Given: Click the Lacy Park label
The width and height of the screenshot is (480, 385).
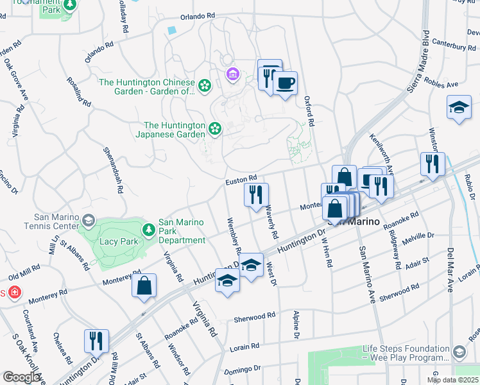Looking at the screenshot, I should click(117, 241).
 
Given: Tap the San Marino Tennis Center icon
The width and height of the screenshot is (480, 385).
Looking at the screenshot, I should click(88, 221).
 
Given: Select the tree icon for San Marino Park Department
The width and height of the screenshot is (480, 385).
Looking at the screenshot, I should click(149, 229).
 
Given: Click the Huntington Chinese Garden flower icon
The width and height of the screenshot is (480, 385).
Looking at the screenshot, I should click(205, 85).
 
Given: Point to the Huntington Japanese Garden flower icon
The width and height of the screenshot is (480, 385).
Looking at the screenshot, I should click(215, 129).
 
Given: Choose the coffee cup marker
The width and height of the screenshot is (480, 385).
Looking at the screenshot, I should click(285, 83).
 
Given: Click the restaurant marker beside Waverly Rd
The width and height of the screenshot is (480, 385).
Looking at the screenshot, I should click(257, 194).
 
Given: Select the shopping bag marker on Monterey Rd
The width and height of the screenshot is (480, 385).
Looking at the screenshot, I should click(144, 286).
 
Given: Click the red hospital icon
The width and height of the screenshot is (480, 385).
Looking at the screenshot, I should click(13, 293).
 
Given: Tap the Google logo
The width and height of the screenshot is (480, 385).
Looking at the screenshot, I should click(22, 377).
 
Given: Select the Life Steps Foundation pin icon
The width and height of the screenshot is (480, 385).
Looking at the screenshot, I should click(459, 352).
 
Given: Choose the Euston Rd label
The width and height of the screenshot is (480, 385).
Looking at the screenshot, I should click(241, 182).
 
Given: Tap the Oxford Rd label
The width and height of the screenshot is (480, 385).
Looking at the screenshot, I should click(309, 112).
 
